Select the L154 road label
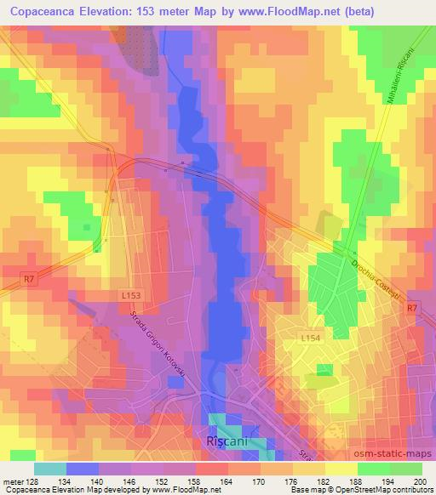point(309,339)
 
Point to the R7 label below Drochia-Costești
point(412,308)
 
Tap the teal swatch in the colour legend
point(49,468)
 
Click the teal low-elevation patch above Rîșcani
point(226,422)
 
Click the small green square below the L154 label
point(324,370)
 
